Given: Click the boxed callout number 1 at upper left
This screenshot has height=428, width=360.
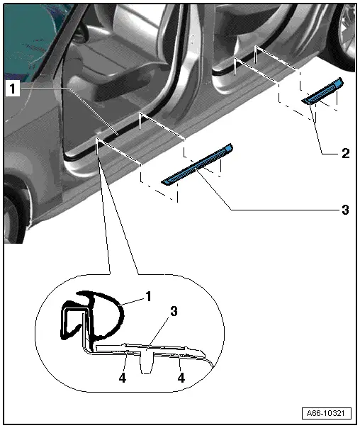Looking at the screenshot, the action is coord(13,89).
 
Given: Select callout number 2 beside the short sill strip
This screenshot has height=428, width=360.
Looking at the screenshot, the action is coord(345,153).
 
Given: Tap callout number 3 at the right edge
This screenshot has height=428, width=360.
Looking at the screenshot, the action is coord(345,210).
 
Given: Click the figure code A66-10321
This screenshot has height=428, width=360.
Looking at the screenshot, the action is coord(326,413).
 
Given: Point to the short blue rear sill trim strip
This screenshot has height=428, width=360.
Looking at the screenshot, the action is coord(322,91).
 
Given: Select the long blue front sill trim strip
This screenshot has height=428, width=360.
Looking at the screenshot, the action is coord(197,164).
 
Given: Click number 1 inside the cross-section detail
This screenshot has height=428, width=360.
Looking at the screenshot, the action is coord(148,296).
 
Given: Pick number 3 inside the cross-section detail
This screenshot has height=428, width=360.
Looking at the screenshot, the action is coord(174,312).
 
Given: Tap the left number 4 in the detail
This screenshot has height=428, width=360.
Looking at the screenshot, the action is coord(123,378).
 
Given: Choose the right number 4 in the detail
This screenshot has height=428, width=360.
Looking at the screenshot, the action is coord(181,378).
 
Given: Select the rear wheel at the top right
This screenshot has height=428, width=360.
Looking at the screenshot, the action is coord(344,34).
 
